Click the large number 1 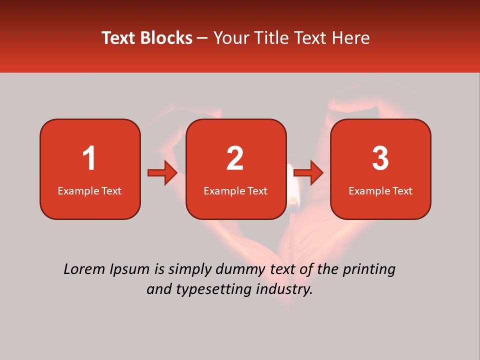pyautogui.click(x=89, y=158)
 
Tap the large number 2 pyautogui.click(x=235, y=158)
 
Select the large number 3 pyautogui.click(x=380, y=158)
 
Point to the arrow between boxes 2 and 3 pyautogui.click(x=308, y=173)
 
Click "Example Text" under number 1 pyautogui.click(x=89, y=191)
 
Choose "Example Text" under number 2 pyautogui.click(x=235, y=191)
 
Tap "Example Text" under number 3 pyautogui.click(x=380, y=191)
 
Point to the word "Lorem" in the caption pyautogui.click(x=83, y=269)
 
